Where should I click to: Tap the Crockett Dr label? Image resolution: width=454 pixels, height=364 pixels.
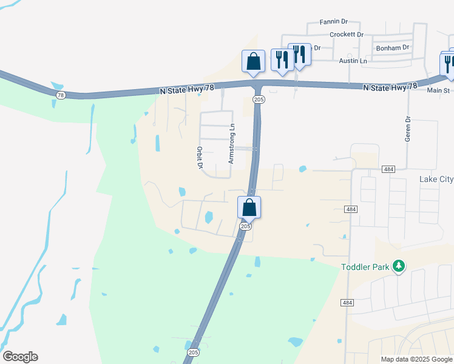pyautogui.click(x=346, y=35)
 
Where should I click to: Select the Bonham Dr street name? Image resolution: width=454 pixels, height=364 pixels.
pyautogui.click(x=393, y=47)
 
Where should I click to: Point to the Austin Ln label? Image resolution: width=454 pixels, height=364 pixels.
pyautogui.click(x=353, y=61)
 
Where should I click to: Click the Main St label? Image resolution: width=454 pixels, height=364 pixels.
pyautogui.click(x=438, y=90)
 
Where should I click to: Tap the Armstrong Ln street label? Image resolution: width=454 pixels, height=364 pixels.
pyautogui.click(x=231, y=144)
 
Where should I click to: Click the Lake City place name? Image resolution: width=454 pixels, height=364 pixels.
pyautogui.click(x=436, y=179)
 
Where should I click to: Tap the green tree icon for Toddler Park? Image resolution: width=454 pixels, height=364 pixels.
pyautogui.click(x=399, y=266)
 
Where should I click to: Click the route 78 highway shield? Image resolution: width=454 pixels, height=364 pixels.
pyautogui.click(x=60, y=95)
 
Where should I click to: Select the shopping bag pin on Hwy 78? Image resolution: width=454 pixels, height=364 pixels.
pyautogui.click(x=253, y=61)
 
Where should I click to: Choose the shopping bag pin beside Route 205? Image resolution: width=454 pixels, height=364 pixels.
pyautogui.click(x=249, y=207)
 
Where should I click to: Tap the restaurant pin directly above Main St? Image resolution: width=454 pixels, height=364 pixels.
pyautogui.click(x=449, y=63)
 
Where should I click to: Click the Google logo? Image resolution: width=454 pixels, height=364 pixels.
pyautogui.click(x=20, y=357)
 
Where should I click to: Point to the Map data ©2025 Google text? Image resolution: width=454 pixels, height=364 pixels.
pyautogui.click(x=416, y=359)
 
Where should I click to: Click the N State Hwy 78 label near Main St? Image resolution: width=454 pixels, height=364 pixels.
pyautogui.click(x=390, y=87)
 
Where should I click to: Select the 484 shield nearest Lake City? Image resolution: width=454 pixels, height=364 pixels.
pyautogui.click(x=389, y=169)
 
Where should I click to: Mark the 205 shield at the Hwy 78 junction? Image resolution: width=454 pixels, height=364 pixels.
pyautogui.click(x=259, y=99)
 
